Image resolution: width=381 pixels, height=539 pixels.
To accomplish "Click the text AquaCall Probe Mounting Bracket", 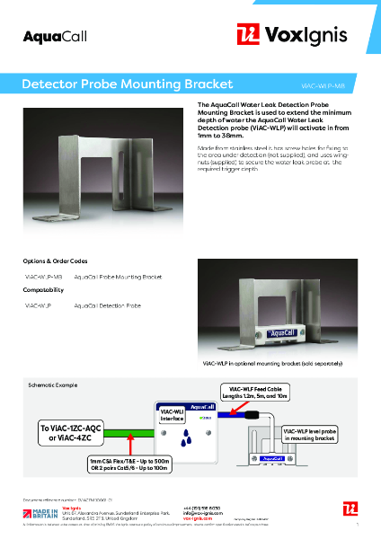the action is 119,277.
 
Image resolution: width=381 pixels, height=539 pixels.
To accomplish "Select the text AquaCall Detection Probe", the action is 107,306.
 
